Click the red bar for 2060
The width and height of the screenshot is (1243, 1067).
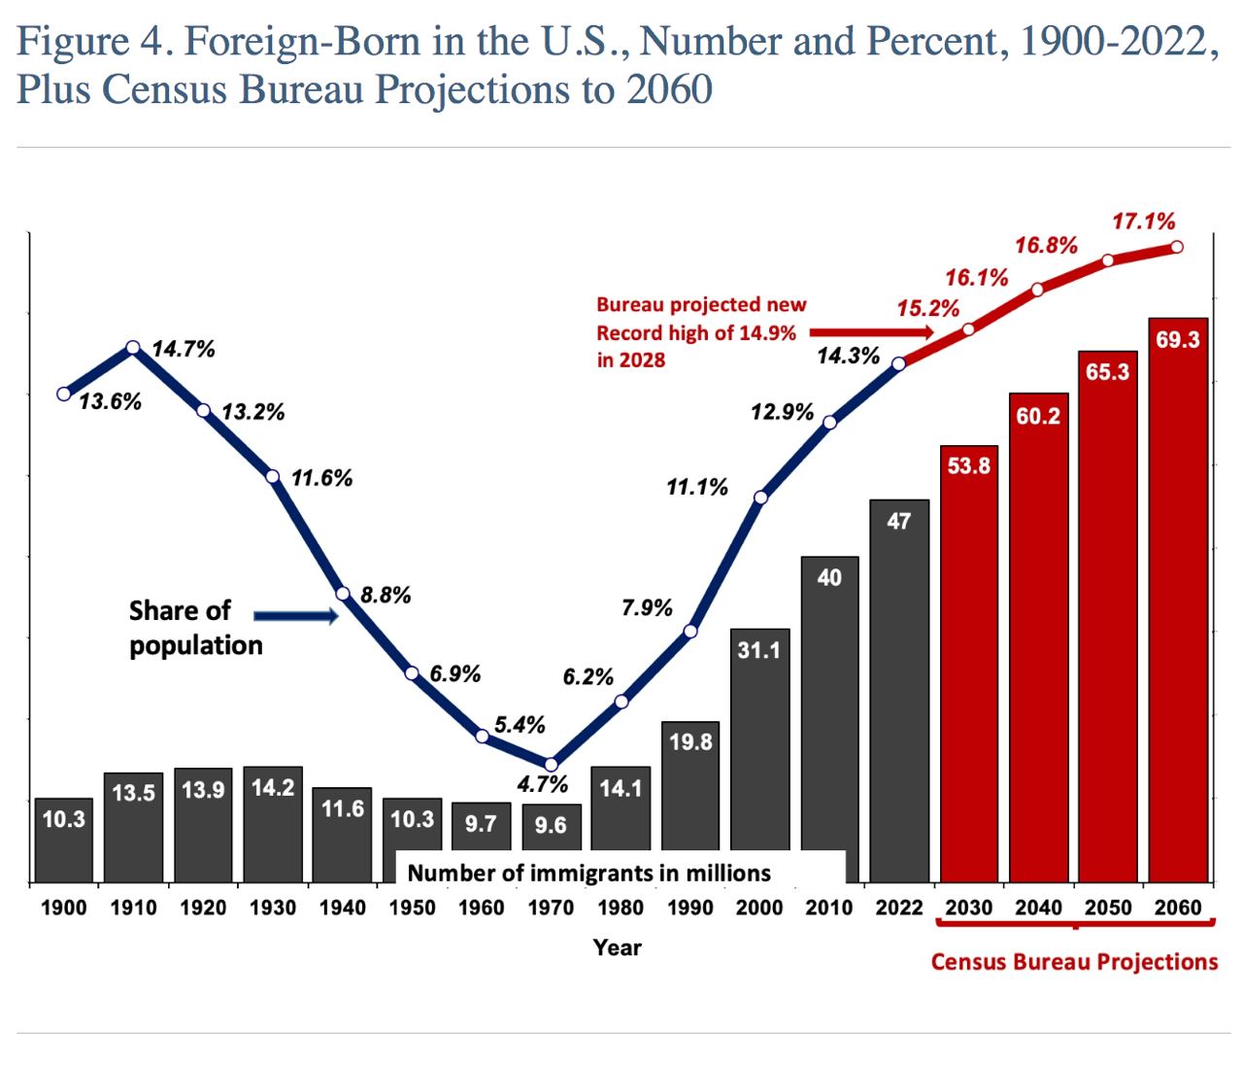[1177, 602]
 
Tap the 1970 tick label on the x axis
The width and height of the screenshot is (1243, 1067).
[551, 908]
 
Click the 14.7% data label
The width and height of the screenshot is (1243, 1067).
[184, 349]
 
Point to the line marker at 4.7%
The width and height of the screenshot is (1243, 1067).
[551, 765]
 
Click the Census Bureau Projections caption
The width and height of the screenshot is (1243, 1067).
[1073, 962]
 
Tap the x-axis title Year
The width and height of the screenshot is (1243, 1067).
[618, 947]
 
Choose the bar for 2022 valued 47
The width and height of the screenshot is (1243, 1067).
[899, 690]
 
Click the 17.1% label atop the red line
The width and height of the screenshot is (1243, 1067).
[1143, 222]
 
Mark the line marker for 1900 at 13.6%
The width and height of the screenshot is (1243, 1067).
[64, 394]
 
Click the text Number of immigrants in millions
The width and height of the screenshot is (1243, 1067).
[588, 873]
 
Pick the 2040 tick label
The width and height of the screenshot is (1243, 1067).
[1038, 908]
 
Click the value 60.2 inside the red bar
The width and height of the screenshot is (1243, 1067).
[1038, 416]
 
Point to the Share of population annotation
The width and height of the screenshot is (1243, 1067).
[194, 628]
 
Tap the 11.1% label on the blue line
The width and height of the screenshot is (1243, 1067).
[696, 487]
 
